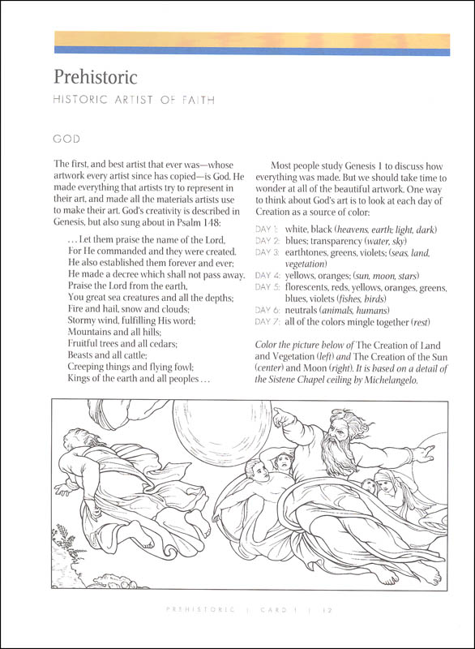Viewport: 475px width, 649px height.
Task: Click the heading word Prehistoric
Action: [96, 79]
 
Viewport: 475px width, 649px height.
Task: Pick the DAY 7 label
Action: [268, 323]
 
